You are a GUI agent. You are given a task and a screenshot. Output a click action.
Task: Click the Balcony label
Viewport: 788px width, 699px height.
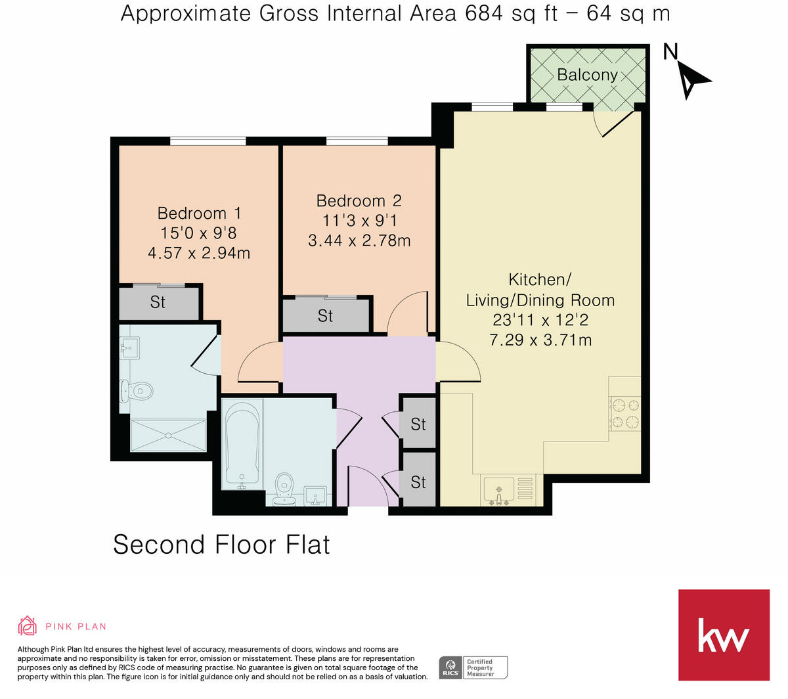[586, 75]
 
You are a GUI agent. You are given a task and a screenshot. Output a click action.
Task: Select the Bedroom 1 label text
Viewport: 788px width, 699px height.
[199, 214]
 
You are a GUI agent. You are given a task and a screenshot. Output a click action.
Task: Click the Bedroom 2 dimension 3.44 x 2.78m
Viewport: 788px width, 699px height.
[359, 241]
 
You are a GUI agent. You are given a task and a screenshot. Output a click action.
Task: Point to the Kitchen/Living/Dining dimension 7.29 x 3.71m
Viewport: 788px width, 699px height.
[540, 340]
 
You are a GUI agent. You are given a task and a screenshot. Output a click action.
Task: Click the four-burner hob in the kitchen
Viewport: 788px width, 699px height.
[624, 413]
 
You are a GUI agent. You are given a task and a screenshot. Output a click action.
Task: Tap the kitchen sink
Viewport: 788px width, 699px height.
[500, 490]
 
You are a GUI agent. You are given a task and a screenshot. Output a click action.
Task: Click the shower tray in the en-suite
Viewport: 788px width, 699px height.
[169, 436]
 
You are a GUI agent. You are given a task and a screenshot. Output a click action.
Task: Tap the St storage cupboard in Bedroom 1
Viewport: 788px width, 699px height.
[158, 303]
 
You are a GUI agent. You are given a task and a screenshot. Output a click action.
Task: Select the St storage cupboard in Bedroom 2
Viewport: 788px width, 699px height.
[325, 316]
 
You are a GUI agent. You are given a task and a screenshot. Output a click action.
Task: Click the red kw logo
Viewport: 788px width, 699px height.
[723, 635]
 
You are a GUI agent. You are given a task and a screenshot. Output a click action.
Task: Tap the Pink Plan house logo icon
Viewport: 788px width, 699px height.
[27, 626]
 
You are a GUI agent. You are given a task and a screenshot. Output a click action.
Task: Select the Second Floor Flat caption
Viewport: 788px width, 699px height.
[221, 545]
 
